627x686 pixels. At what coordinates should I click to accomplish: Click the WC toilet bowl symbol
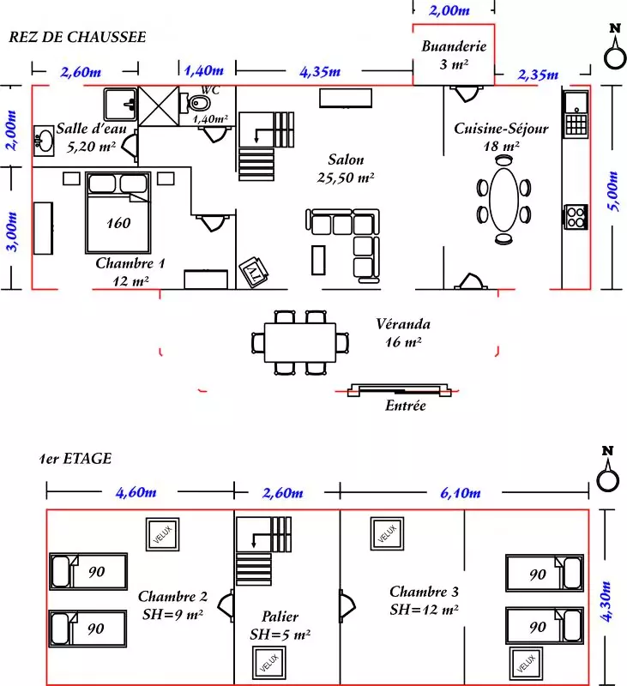pos(198,104)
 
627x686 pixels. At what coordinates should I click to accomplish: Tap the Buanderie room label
pos(454,46)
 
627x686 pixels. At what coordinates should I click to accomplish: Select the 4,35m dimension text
pos(320,71)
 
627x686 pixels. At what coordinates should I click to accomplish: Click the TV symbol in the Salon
pos(254,272)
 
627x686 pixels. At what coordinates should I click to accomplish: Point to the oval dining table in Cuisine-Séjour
pos(504,200)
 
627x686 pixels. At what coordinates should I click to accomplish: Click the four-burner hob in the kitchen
pos(576,217)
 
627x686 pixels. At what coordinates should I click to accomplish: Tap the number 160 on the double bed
pos(118,223)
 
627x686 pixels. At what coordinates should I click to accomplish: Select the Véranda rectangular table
pos(300,342)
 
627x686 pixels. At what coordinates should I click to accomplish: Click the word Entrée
pos(405,406)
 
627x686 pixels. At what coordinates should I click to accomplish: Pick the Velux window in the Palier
pos(269,663)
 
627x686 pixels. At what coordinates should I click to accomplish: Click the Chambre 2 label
pos(172,596)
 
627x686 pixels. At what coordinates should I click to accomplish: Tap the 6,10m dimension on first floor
pos(461,493)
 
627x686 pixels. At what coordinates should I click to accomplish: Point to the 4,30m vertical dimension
pos(606,601)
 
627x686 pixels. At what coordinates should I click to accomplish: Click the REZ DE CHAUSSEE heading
pos(77,37)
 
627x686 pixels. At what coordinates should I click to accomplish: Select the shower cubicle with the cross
pos(159,106)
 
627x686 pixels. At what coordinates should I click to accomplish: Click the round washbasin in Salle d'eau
pos(44,141)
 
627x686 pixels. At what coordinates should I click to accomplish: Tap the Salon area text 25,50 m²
pos(345,178)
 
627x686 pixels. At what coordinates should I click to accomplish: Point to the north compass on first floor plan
pos(608,469)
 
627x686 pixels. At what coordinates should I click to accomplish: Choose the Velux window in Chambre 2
pos(162,534)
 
